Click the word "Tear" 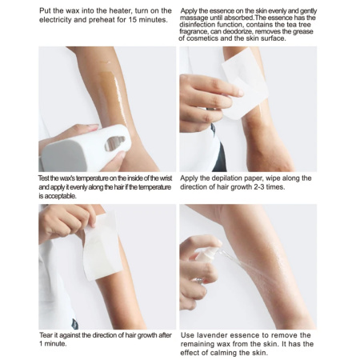point(46,336)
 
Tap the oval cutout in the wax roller point(115,142)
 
